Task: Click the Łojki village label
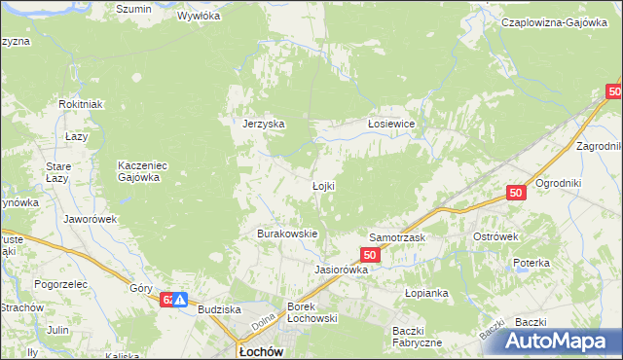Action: pos(323,186)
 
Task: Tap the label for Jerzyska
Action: pos(263,124)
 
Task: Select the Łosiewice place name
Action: pos(391,124)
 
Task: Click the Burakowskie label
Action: pos(287,234)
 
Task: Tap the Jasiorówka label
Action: pos(341,270)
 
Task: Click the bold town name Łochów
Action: pos(260,351)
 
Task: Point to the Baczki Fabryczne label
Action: pos(418,336)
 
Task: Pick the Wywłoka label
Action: pos(199,17)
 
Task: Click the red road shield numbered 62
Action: pos(167,300)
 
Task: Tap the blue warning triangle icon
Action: pos(181,301)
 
